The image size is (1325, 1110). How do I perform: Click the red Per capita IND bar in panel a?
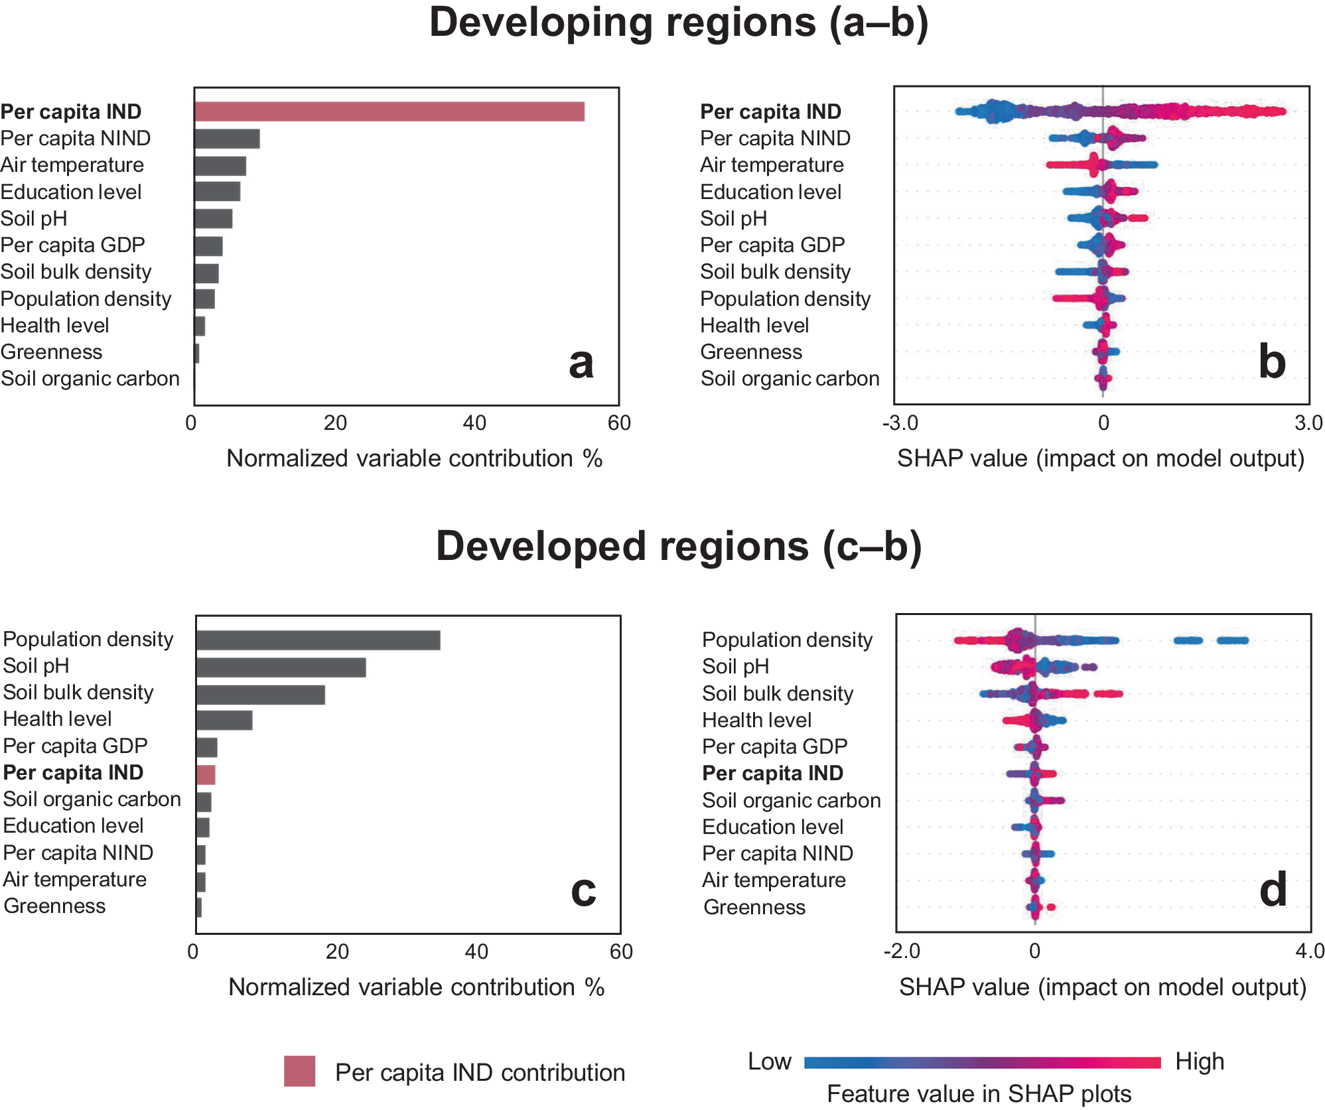[x=389, y=111]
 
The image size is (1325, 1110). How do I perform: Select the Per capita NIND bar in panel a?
[x=227, y=139]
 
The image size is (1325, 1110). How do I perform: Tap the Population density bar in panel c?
[x=318, y=640]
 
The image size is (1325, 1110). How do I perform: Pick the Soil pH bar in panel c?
[x=281, y=667]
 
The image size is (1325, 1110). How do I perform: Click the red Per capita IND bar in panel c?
[x=206, y=774]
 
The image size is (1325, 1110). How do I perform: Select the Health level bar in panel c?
[x=224, y=721]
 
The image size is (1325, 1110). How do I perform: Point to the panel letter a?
[x=581, y=363]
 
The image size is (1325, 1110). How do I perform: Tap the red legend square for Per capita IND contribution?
[x=299, y=1071]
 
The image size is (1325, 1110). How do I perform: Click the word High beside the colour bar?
[x=1199, y=1062]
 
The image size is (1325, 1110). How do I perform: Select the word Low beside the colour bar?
[x=769, y=1062]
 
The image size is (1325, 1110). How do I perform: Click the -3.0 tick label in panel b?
[x=900, y=423]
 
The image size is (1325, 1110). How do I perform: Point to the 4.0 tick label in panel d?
[x=1309, y=951]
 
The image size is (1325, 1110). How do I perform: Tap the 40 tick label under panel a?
[x=474, y=423]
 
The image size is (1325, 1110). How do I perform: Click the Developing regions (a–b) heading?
[x=678, y=23]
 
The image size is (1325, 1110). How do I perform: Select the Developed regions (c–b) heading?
[x=678, y=546]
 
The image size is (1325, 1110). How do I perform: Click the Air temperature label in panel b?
[x=772, y=165]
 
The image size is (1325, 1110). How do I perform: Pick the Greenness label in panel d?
[x=754, y=907]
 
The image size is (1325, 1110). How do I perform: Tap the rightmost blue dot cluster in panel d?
[x=1232, y=640]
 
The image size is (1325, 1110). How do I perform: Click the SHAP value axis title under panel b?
[x=1100, y=458]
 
